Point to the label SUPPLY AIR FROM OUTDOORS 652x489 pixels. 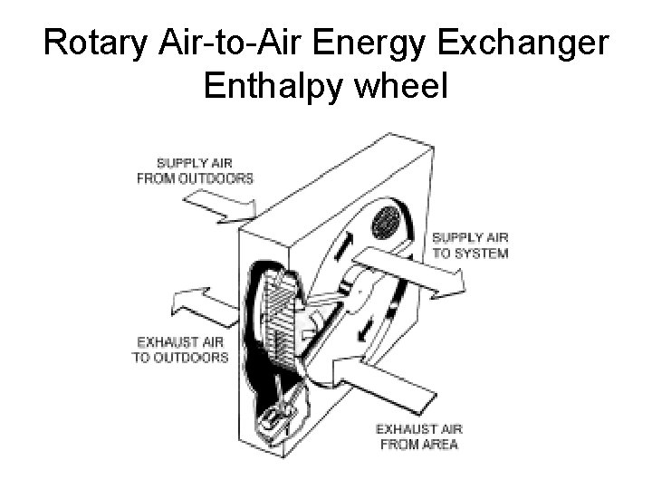click(195, 170)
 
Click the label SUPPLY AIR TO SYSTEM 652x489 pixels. click(470, 245)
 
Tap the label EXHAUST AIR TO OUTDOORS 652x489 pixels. click(182, 350)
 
